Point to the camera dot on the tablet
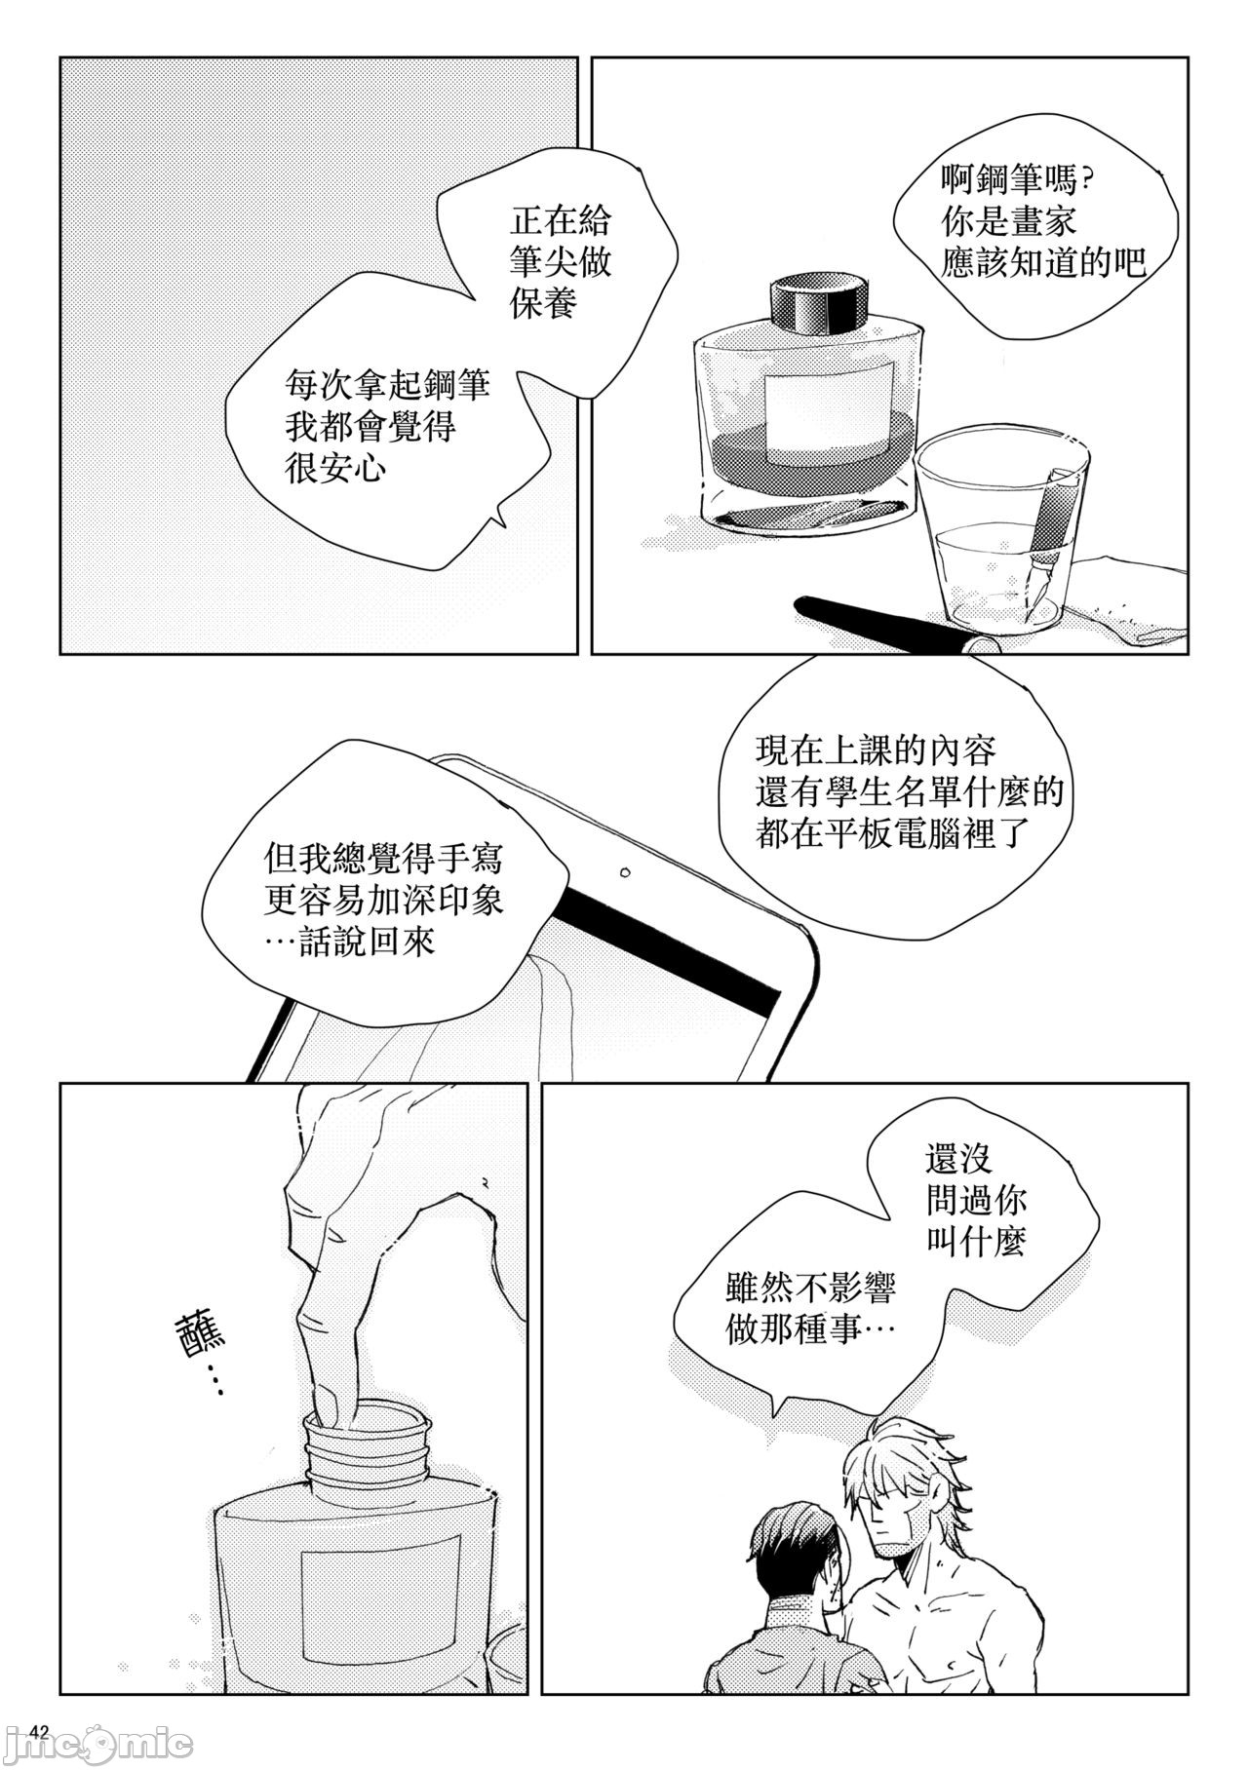coord(625,871)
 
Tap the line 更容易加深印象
coord(383,902)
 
